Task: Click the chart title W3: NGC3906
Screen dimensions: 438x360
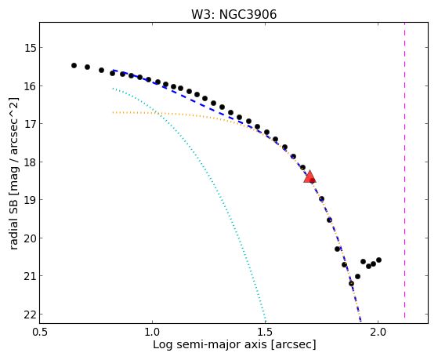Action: tap(233, 15)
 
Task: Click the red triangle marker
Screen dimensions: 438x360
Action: tap(309, 176)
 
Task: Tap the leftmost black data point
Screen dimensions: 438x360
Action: tap(74, 65)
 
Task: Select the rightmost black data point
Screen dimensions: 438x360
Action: tap(378, 260)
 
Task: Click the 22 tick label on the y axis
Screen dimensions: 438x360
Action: tap(31, 315)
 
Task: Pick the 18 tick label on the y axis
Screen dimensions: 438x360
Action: tap(31, 162)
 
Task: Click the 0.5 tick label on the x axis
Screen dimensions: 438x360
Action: tap(40, 332)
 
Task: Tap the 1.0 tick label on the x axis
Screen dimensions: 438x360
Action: tap(152, 332)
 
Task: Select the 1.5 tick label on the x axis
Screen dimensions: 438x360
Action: tap(265, 332)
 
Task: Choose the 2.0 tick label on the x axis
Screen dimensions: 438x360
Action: tap(378, 332)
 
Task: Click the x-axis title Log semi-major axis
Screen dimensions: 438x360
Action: tap(210, 344)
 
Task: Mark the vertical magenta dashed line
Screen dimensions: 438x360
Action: tap(405, 170)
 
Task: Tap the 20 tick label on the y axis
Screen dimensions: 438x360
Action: tap(31, 238)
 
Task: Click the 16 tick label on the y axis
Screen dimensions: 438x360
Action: tap(31, 85)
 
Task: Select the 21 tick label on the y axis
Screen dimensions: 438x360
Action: tap(31, 276)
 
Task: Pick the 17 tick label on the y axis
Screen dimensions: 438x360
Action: tap(31, 124)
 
